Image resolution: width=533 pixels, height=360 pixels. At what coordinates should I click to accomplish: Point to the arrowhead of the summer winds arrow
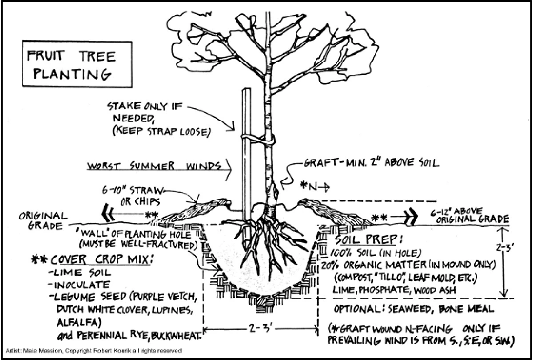(229, 168)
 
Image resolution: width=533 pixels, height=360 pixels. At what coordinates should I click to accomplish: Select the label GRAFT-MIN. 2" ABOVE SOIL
(371, 163)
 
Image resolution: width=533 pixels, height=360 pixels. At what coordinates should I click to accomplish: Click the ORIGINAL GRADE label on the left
(43, 221)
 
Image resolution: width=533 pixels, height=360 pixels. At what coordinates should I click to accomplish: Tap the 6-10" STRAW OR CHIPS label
(133, 195)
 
